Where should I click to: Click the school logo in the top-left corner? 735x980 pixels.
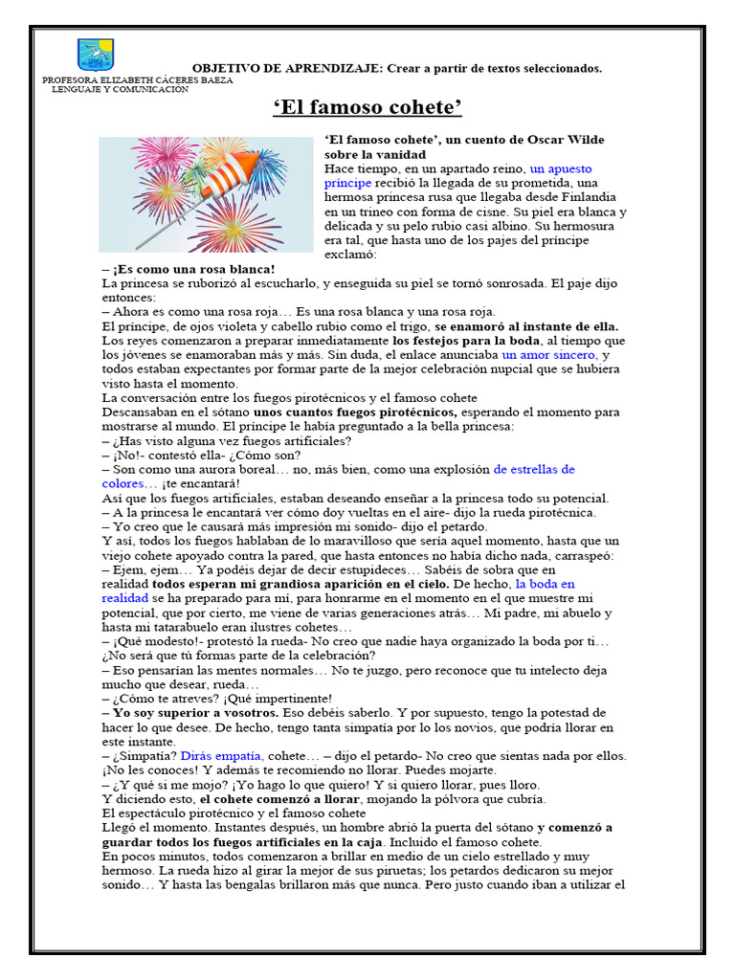point(95,55)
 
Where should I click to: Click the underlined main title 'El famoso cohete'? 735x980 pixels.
point(367,106)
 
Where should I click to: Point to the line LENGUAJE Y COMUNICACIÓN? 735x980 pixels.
point(120,89)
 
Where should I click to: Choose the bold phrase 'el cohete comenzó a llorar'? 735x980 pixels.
point(279,799)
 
